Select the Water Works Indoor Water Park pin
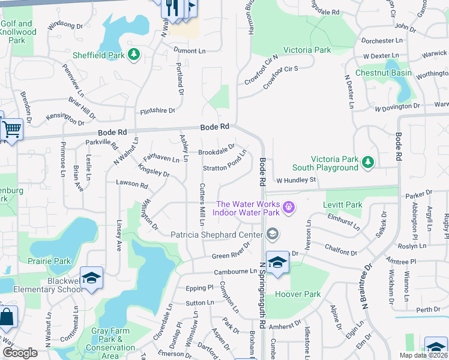289,208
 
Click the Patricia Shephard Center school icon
273,234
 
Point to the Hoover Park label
298,295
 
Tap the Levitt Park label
343,205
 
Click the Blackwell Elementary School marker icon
91,278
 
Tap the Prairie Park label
49,261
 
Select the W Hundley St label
295,180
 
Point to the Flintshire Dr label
157,111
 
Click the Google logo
20,353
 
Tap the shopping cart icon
12,128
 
